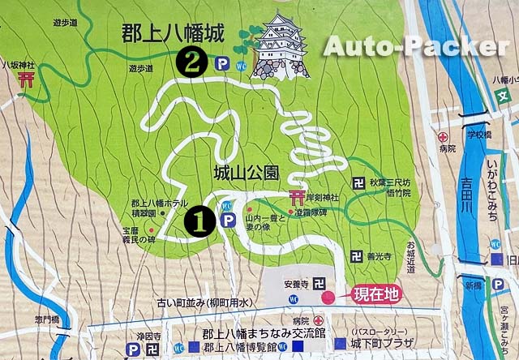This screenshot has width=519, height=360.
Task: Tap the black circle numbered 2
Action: click(x=191, y=62)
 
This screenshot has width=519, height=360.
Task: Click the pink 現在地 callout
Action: click(x=374, y=296)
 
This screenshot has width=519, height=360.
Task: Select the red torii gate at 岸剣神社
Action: click(x=295, y=198)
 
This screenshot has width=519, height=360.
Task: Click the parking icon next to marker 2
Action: click(x=223, y=62)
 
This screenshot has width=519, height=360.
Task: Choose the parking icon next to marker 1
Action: click(x=228, y=221)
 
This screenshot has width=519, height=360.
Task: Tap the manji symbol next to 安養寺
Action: click(x=320, y=284)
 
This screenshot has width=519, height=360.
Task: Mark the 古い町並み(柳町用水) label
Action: click(x=209, y=303)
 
